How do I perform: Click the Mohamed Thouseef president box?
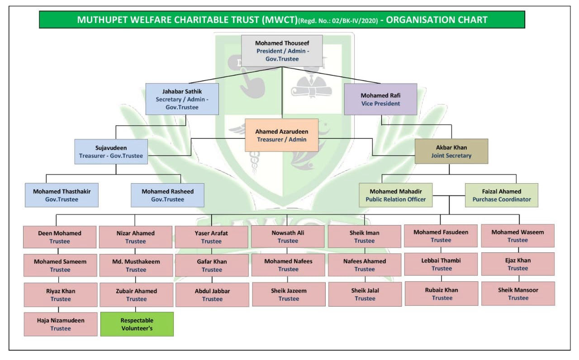[x=282, y=51]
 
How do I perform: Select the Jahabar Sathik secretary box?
[x=182, y=99]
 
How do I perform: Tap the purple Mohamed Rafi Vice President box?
[x=380, y=99]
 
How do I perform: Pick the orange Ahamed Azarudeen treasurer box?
[x=281, y=135]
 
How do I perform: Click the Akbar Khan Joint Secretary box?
[x=451, y=151]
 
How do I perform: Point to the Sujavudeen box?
[x=111, y=151]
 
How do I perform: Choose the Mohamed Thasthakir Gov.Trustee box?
[x=62, y=195]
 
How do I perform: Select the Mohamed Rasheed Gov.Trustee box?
[x=167, y=195]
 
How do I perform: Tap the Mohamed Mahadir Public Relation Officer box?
[x=396, y=195]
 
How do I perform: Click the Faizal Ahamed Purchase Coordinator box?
[x=502, y=195]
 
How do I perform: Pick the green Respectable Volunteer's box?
[x=137, y=324]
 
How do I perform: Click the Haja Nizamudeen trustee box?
[x=61, y=324]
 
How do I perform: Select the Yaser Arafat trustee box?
[x=212, y=237]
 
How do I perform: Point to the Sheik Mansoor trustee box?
[x=518, y=294]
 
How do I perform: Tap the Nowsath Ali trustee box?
[x=288, y=237]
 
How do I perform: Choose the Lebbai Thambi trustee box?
[x=441, y=264]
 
